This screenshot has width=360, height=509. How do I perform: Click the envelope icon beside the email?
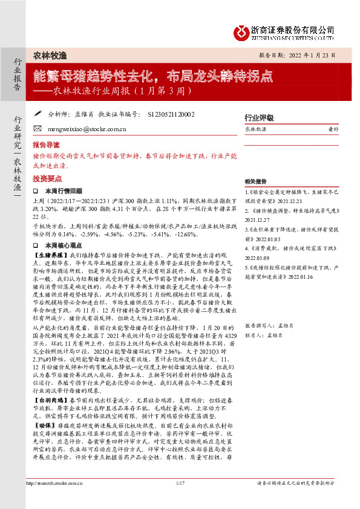click(38, 129)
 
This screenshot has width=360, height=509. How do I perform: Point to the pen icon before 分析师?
click(38, 112)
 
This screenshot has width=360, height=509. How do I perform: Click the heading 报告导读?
click(46, 145)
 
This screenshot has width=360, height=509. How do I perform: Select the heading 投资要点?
click(46, 180)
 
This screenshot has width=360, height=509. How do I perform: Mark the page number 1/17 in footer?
click(180, 499)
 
